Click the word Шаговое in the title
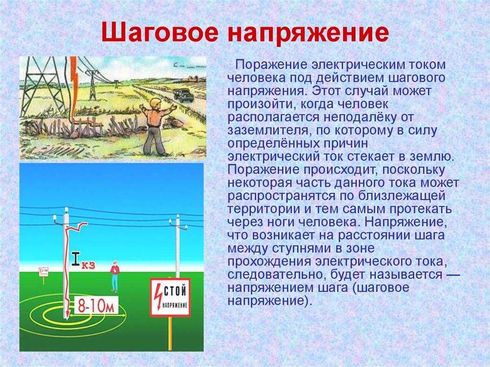159,33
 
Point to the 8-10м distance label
96,305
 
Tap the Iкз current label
82,260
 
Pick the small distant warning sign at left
44,273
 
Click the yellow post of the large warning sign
170,333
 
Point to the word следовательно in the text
276,275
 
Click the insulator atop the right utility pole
178,216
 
